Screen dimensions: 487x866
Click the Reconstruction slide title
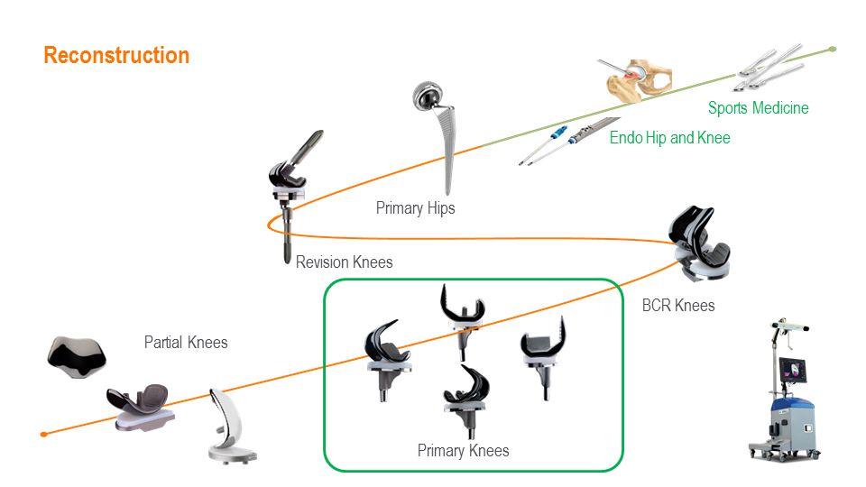[x=116, y=55]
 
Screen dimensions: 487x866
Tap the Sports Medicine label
[x=758, y=108]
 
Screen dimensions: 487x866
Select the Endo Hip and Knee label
[x=669, y=138]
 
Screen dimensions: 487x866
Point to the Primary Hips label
[x=415, y=208]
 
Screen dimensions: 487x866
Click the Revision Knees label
[x=344, y=262]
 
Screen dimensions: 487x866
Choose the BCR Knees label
[x=677, y=305]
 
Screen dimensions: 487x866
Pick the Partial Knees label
[x=186, y=343]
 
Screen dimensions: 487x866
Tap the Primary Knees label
[x=463, y=450]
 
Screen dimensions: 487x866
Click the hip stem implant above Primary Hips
[x=442, y=135]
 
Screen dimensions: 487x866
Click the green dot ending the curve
[x=833, y=49]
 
